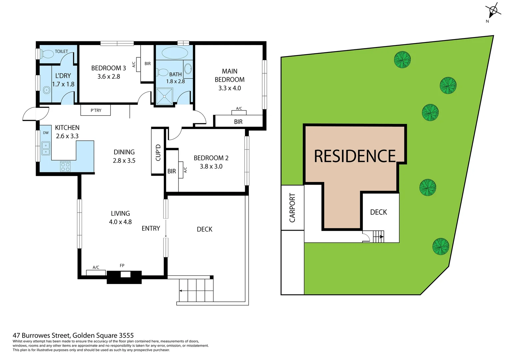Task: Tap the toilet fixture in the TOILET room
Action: click(47, 54)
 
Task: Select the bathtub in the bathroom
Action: click(175, 53)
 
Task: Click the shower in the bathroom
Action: click(165, 96)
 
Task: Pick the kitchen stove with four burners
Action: click(65, 167)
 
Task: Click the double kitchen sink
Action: click(46, 149)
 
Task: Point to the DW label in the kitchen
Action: click(46, 133)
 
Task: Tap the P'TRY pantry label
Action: click(96, 110)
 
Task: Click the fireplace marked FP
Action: click(125, 275)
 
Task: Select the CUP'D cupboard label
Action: click(158, 152)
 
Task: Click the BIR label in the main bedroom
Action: click(238, 122)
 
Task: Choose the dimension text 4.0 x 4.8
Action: click(120, 222)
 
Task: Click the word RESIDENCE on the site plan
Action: click(355, 156)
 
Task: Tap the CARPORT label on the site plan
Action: click(292, 208)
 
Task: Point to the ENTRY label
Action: click(151, 228)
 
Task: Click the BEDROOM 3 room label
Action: click(109, 68)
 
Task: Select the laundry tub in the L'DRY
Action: click(46, 90)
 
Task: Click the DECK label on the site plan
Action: click(378, 212)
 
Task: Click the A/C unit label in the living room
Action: click(96, 267)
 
